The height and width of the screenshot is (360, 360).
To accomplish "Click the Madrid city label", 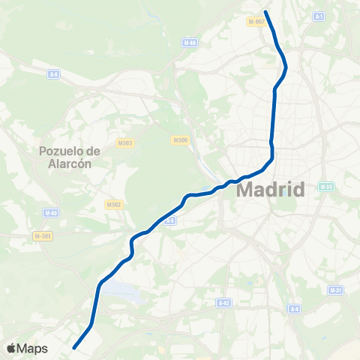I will pos(271,189).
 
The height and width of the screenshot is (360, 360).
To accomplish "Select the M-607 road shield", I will pos(256,22).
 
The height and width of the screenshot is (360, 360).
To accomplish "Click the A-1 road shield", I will pos(319,16).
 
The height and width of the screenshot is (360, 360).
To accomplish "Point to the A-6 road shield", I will pos(53,73).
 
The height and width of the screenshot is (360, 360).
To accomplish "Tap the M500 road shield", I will pos(179,139).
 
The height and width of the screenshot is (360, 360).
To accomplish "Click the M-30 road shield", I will pos(325,187).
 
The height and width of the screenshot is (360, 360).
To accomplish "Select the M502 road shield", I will pos(114,204).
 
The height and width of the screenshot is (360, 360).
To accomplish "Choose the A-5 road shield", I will pos(169,220).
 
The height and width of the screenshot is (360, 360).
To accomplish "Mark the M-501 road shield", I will pos(43,237).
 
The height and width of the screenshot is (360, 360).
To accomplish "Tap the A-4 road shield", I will pos(295,308).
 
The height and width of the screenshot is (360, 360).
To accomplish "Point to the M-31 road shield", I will pos(336,290).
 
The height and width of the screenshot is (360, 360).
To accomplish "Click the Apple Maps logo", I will pos(27,349).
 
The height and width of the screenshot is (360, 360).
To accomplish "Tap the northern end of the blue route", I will pos(266,11).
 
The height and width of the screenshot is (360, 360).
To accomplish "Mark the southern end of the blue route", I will pos(74,347).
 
